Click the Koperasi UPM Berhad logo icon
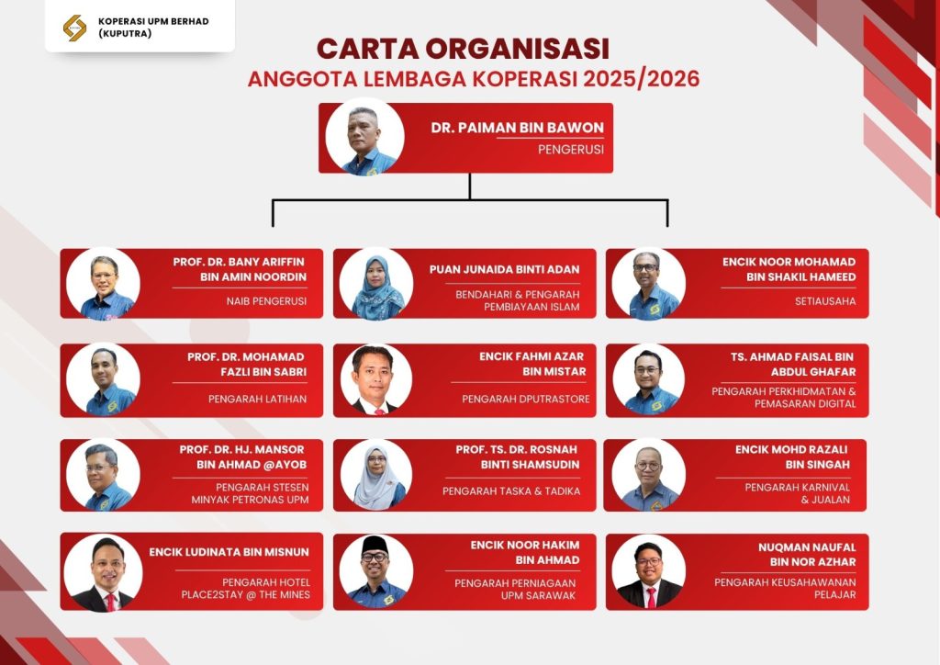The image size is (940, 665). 74,28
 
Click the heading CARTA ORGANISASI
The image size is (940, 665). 463,49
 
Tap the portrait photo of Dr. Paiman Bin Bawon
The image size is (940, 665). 364,137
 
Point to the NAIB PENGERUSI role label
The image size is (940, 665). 266,300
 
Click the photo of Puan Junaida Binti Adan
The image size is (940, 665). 376,283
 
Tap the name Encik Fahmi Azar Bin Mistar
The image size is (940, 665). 532,364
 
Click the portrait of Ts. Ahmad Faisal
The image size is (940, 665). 649,379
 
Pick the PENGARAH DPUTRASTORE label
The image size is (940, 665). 526,399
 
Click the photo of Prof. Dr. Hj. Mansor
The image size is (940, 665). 103,474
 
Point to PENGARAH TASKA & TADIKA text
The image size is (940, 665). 511,491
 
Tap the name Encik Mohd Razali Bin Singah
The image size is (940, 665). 797,457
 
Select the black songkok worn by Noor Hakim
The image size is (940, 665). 375,545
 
